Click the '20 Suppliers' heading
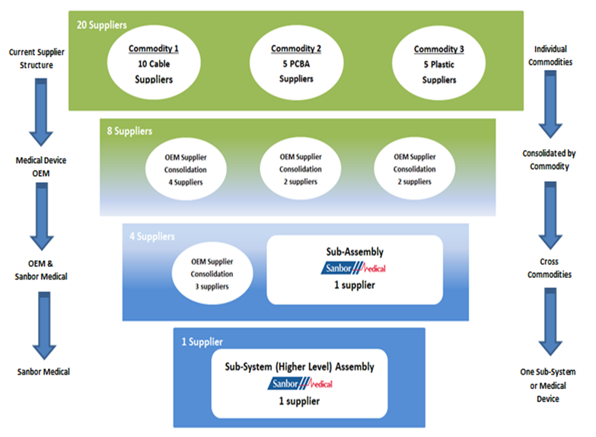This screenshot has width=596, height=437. [x=100, y=24]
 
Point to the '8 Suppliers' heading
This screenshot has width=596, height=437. [x=129, y=131]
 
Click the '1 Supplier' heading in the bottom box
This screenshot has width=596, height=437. [x=202, y=342]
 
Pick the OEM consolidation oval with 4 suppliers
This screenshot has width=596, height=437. [x=185, y=169]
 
